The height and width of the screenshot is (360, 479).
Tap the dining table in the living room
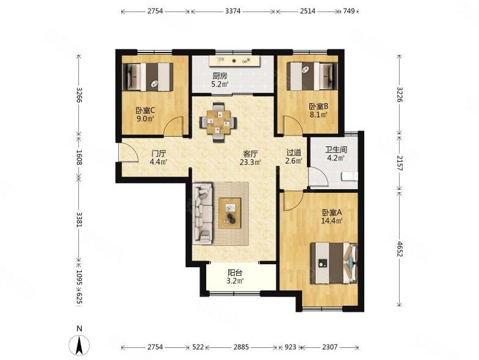pos(218,122)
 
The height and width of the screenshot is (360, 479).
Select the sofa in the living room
pos(203,213)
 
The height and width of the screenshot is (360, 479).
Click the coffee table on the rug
pos(230,213)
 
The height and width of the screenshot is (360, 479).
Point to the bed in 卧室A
pos(334,263)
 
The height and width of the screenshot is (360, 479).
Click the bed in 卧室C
pos(148,77)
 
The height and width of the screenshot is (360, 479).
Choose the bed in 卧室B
pos(312,76)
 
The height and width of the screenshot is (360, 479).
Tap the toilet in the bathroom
pos(350,176)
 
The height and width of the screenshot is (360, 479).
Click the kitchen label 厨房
pos(220,76)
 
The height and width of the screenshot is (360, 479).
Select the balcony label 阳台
pos(235,273)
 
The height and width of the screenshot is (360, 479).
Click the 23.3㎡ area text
pos(251,162)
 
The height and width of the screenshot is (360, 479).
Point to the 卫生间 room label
pos(336,149)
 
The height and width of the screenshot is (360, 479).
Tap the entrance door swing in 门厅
pos(129,152)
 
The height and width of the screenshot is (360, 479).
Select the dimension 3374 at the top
pos(233,12)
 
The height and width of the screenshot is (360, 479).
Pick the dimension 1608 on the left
pos(79,157)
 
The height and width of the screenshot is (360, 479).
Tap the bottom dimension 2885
pos(242,347)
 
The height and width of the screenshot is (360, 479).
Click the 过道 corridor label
pos(294,152)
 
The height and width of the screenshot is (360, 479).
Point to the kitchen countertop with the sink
pos(234,61)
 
